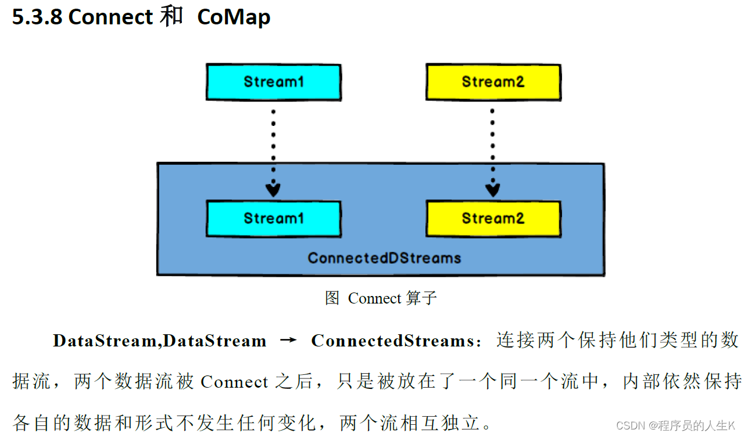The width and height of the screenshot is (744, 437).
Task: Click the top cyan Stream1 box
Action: tap(273, 82)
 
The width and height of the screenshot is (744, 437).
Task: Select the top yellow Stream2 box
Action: tap(493, 82)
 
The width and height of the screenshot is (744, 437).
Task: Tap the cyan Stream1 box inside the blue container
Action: tap(273, 218)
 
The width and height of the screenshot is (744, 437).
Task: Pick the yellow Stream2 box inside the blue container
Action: tap(493, 218)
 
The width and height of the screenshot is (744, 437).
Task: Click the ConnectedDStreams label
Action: tap(384, 258)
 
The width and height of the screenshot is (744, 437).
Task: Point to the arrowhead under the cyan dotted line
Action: tap(273, 189)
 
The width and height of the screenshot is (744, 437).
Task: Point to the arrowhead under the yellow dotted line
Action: tap(493, 189)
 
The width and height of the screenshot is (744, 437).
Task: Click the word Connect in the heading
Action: tap(110, 17)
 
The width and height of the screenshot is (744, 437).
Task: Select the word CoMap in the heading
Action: tap(234, 17)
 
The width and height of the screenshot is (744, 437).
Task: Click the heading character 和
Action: tap(171, 17)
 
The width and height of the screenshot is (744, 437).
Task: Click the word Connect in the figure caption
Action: tap(375, 298)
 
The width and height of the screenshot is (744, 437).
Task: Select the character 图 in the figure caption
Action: tap(332, 298)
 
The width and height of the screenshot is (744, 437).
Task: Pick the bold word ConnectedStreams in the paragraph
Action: tap(392, 341)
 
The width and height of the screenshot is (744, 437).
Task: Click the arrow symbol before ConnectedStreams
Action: tap(288, 341)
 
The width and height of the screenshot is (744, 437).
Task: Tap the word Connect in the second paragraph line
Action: tap(235, 382)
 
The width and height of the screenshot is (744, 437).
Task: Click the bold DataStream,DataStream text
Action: tap(159, 341)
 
